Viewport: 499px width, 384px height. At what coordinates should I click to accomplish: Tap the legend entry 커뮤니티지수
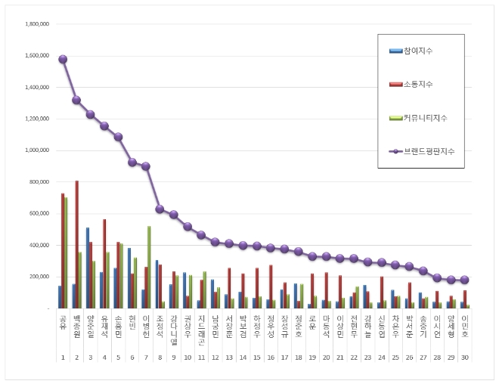[426, 118]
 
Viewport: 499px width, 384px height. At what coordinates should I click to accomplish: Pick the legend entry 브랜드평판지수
[428, 152]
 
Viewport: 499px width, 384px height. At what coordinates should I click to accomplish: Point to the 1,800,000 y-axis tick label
[37, 23]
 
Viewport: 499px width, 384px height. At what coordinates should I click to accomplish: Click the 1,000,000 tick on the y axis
[37, 150]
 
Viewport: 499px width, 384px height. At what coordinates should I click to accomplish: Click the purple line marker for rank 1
[63, 59]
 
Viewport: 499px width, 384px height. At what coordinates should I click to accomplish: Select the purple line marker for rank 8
[160, 209]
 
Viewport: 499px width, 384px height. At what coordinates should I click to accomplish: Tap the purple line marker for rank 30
[464, 280]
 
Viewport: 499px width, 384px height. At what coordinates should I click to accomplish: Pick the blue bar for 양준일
[87, 268]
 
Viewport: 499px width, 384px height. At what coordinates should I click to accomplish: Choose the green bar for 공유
[66, 252]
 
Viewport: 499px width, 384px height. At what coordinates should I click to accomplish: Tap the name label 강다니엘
[173, 330]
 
